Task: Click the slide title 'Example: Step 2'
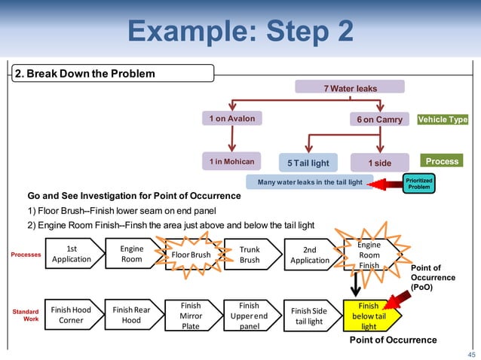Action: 240,32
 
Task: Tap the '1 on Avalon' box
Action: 231,119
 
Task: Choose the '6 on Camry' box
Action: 380,120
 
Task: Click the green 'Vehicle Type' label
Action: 443,120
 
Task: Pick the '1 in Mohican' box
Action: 231,161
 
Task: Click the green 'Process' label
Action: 442,161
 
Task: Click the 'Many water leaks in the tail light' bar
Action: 309,182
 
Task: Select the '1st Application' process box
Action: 72,254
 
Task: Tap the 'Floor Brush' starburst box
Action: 191,255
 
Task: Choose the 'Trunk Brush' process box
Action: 250,255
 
